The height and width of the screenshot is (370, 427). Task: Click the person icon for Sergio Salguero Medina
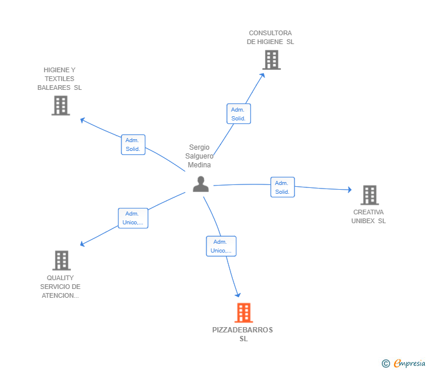point(201,184)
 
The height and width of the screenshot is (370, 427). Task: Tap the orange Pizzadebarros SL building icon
point(243,312)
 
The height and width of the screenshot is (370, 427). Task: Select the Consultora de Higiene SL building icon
point(271,60)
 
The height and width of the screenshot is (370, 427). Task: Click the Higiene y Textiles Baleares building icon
point(60,105)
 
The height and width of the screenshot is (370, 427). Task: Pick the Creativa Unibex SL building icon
point(369,195)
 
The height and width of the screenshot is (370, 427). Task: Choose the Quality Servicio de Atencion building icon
point(61,260)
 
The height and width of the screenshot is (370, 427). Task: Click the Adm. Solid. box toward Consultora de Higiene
point(238,114)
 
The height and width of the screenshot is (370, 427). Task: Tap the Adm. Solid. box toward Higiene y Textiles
point(133,144)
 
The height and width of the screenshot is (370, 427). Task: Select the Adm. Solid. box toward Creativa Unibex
point(282,187)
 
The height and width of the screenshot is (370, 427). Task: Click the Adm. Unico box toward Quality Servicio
point(133,218)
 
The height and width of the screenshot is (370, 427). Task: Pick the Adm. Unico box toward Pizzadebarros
point(221,246)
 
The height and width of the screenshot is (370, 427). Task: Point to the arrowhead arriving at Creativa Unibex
point(349,190)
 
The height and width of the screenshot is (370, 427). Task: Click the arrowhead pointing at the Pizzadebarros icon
point(238,295)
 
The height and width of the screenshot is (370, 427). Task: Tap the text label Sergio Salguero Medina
point(199,156)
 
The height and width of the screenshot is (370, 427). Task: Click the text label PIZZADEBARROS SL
point(243,334)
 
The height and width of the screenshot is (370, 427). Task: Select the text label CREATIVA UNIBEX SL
point(368,217)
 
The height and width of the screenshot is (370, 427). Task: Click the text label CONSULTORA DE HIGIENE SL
point(270,38)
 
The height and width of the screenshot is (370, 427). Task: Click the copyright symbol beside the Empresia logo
point(385,364)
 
